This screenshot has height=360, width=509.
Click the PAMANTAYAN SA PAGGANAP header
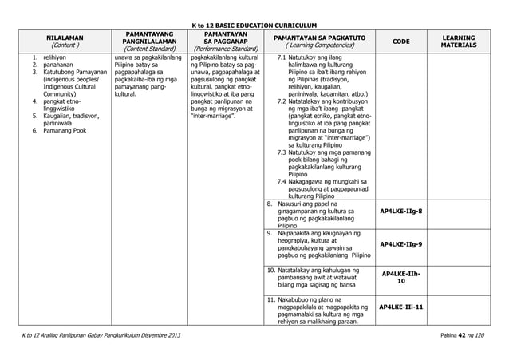pyautogui.click(x=224, y=42)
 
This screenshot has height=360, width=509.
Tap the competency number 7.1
pyautogui.click(x=282, y=58)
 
